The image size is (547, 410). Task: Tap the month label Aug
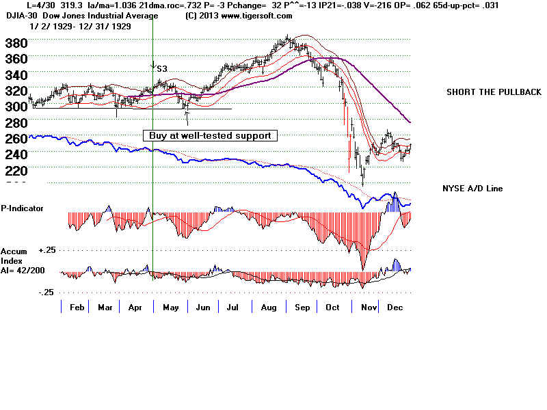pyautogui.click(x=269, y=307)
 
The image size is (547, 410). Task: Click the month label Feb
pyautogui.click(x=78, y=307)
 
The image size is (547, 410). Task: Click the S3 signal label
pyautogui.click(x=162, y=69)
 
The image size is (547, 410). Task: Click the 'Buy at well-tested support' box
pyautogui.click(x=210, y=135)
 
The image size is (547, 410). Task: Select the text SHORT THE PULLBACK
pyautogui.click(x=494, y=92)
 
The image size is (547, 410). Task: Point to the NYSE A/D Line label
pyautogui.click(x=473, y=188)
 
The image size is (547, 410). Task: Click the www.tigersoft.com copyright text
pyautogui.click(x=239, y=16)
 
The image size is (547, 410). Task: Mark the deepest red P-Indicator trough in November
pyautogui.click(x=364, y=269)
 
